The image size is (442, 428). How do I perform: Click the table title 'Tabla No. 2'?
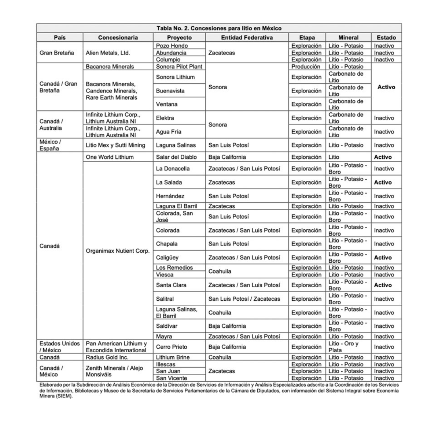[x=219, y=28]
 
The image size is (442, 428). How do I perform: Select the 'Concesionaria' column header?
[x=118, y=37]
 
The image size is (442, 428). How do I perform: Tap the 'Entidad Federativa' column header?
[x=247, y=37]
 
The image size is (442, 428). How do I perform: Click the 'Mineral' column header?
[x=348, y=37]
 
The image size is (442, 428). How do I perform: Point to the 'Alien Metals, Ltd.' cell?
[x=107, y=53]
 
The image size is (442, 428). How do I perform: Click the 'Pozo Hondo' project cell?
[x=172, y=46]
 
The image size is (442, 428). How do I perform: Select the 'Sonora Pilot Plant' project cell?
[x=179, y=67]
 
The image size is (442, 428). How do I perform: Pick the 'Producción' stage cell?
[x=306, y=67]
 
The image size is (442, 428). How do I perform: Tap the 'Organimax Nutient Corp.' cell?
[x=118, y=251]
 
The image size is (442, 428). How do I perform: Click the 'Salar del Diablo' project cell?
[x=176, y=157]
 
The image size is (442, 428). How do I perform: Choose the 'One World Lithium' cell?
[x=110, y=157]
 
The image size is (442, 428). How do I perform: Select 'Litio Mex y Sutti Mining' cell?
[x=115, y=145]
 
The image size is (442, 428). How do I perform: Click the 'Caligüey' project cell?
[x=167, y=258]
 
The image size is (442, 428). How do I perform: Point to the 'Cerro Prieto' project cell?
[x=171, y=347]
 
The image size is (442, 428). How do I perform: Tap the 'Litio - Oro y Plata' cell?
[x=343, y=347]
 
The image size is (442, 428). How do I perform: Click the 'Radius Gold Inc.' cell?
[x=107, y=357]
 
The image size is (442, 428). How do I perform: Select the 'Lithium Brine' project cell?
[x=173, y=357]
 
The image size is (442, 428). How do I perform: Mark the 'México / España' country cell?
[x=50, y=145]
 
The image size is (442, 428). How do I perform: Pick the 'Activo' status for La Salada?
[x=383, y=182]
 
